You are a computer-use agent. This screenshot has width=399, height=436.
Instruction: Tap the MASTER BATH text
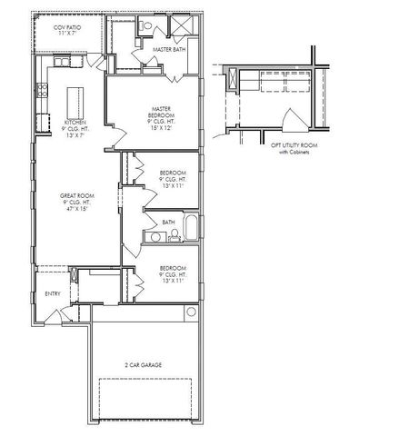pos(170,49)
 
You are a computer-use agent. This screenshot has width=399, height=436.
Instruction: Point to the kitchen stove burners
pos(41,90)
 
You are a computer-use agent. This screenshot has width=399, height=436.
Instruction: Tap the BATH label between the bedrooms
pos(169,222)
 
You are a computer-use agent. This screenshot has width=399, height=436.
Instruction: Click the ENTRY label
pos(53,293)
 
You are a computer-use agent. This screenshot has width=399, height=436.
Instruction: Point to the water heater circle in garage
pos(192,312)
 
